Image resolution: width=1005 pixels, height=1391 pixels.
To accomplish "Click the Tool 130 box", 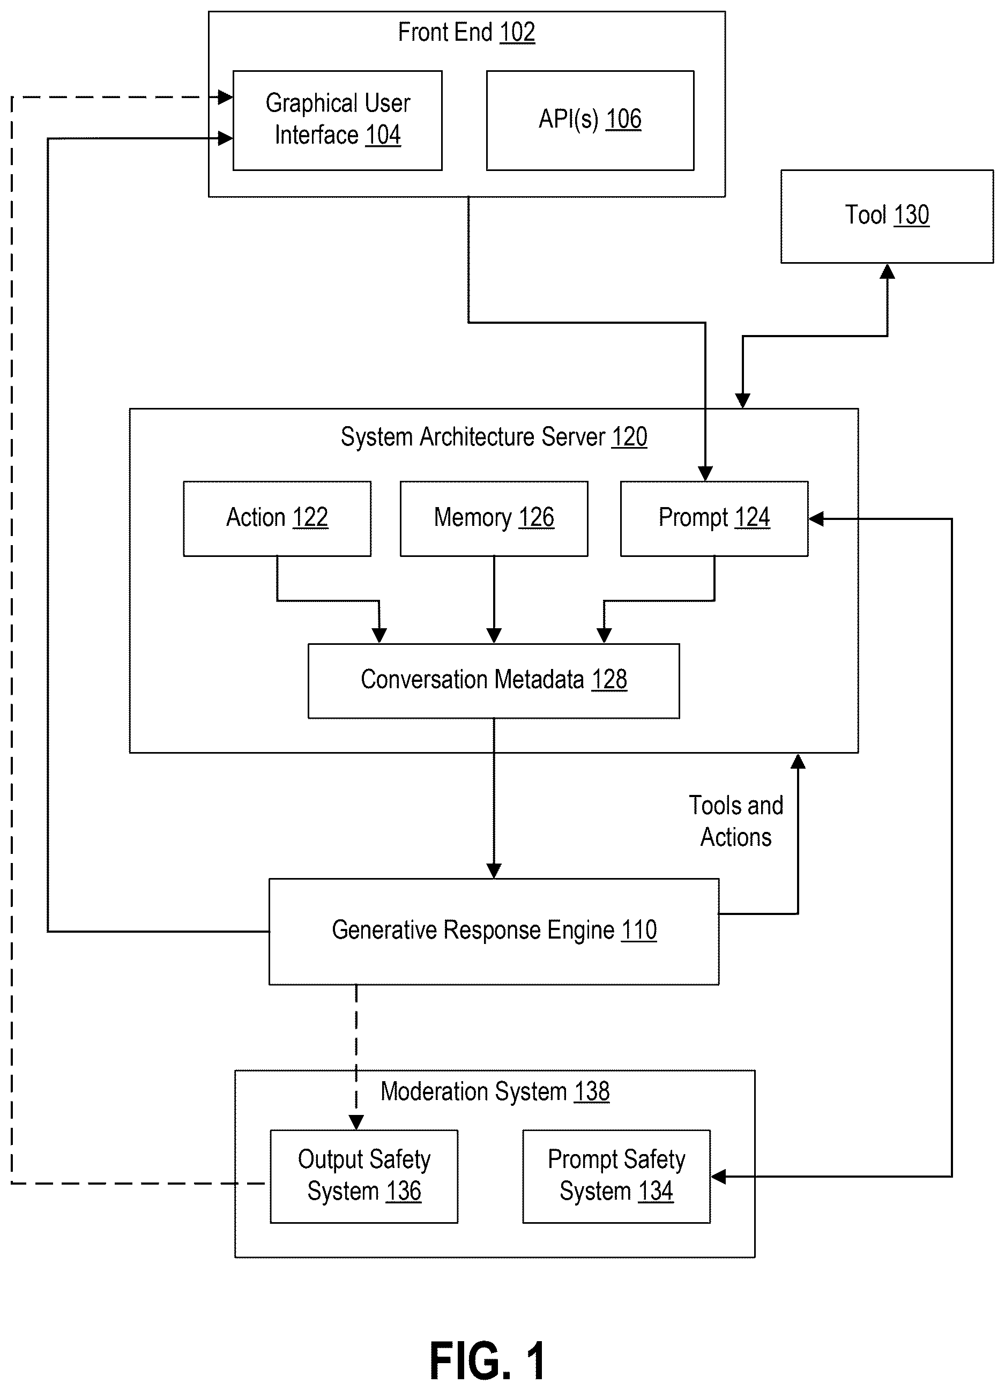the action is coord(887,217).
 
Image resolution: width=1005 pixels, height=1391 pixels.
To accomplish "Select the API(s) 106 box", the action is coord(590,120).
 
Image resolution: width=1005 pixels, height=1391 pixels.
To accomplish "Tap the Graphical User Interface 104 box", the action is coord(337,120).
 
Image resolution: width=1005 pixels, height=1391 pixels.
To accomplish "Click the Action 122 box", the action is coord(277,519).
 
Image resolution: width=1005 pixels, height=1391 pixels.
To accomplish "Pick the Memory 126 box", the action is coord(494,519).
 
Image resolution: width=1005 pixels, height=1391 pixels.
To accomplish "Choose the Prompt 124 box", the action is coord(714,519).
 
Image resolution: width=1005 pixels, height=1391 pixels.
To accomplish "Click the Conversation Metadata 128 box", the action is coord(494,681).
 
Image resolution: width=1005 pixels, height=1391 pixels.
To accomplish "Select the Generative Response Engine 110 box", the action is coord(494,932).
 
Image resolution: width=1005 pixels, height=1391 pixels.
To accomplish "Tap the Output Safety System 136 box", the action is coord(364,1177).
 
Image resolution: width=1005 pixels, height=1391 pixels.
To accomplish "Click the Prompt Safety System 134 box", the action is coord(616,1177).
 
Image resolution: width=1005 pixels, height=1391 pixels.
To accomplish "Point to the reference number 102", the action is coord(518,32).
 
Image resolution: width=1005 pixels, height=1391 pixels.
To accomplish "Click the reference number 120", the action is coord(629,437).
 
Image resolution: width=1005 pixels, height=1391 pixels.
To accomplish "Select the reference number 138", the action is coord(592,1092).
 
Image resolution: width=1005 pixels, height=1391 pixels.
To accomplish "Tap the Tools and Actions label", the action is coord(736,821).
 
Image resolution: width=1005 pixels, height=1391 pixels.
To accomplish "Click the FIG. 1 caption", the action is coord(487,1361).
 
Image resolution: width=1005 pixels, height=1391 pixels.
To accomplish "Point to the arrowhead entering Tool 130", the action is coord(887,271).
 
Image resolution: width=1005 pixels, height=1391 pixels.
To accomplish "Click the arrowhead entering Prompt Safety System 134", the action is coord(718,1177).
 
